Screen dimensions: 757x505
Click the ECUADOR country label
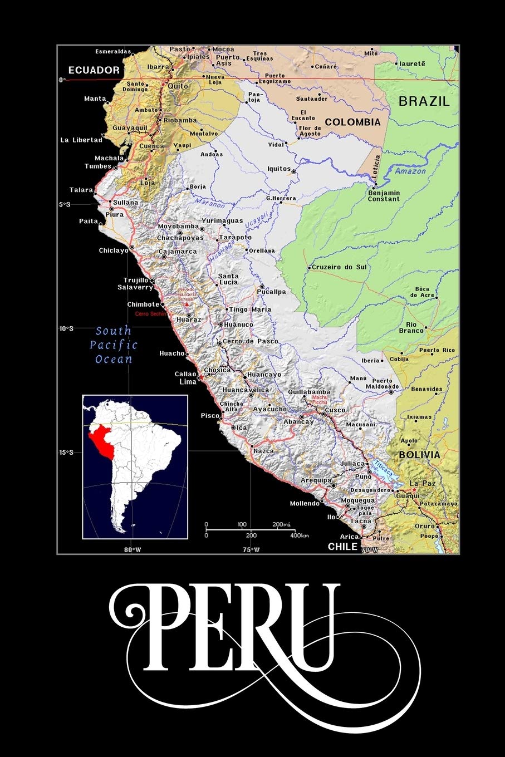94,70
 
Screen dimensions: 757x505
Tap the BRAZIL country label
424,101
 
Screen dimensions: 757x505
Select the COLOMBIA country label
353,122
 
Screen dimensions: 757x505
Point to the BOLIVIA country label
419,455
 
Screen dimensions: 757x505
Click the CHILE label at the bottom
342,547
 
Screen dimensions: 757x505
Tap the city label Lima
188,382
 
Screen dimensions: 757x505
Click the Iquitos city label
279,169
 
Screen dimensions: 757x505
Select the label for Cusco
335,410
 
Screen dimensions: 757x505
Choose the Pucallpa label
272,292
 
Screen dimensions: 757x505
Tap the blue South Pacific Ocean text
114,345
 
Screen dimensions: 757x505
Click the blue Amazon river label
410,171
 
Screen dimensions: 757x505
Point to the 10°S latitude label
66,328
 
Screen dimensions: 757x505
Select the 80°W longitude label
133,550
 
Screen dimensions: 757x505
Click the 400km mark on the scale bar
300,535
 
